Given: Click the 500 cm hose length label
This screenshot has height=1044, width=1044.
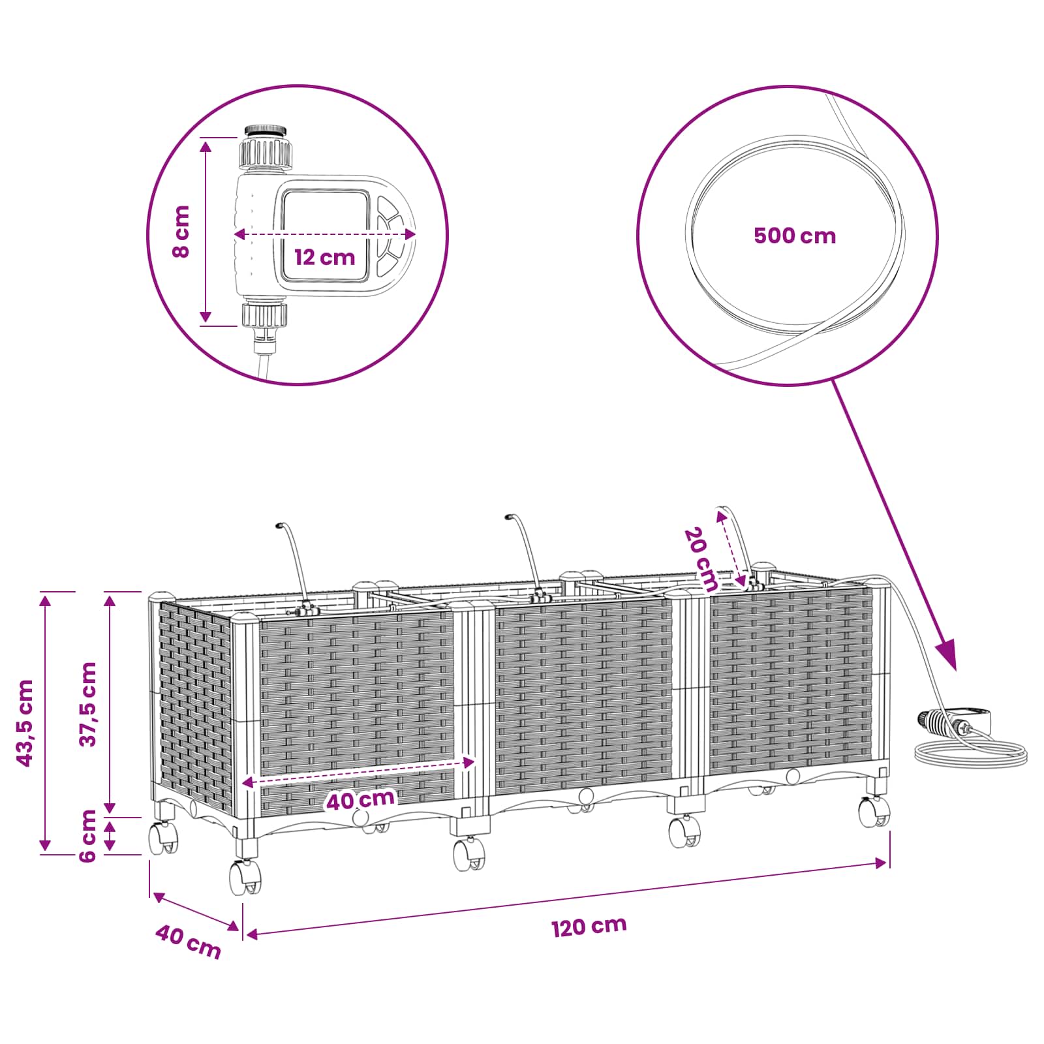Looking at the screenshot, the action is point(795,236).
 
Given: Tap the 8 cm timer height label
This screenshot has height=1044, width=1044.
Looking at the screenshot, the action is point(181,231).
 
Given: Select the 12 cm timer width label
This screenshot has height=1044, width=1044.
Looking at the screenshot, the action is point(324,257).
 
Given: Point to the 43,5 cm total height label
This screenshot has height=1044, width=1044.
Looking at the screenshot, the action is point(25,723).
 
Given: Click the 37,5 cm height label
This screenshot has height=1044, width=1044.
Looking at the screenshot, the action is point(88,704).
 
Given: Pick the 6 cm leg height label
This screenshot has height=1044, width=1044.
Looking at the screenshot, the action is point(88,836).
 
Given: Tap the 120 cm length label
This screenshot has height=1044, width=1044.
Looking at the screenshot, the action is point(589,927).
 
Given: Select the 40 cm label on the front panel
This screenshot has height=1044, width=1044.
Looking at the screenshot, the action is point(361,799).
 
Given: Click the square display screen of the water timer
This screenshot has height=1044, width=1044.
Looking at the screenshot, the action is point(325,236).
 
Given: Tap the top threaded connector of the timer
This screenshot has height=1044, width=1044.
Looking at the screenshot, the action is point(266,147).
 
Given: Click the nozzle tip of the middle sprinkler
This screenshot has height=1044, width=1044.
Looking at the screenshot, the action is point(508,518).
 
